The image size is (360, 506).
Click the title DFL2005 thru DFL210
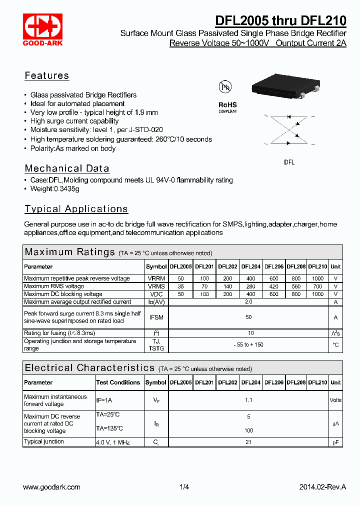(x=280, y=21)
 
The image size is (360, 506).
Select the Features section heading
(x=47, y=76)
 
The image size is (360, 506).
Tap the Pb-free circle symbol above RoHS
(x=225, y=86)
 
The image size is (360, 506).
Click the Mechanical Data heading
(x=67, y=168)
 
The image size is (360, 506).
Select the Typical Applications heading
(x=76, y=209)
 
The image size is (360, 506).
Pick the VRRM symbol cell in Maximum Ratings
(x=156, y=278)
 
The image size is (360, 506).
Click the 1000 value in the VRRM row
(x=317, y=278)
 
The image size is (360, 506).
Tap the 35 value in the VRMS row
(x=180, y=286)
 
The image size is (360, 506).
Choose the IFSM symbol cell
(x=156, y=317)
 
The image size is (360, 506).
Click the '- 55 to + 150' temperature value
(x=248, y=344)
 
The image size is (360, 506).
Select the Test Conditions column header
(x=118, y=382)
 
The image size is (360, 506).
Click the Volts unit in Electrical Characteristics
(x=335, y=400)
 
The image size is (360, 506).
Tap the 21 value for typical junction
(x=248, y=442)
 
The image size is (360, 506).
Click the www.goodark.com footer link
(x=51, y=487)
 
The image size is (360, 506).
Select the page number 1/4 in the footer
(x=184, y=487)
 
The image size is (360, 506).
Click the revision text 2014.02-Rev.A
(x=322, y=487)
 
